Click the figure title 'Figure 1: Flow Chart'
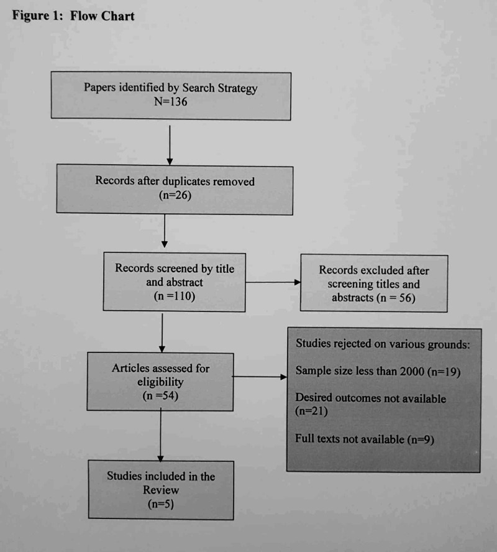73,16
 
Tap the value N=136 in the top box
170,101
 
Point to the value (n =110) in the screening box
174,296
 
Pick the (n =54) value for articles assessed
160,395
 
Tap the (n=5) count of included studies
160,504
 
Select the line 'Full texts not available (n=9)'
365,439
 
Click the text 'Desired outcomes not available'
371,398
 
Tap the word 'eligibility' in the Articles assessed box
160,382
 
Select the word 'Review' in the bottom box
160,490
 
